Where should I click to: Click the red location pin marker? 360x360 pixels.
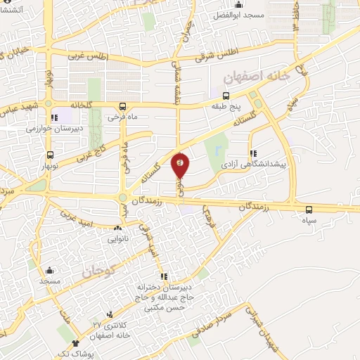tap(181, 165)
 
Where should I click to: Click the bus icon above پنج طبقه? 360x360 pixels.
tap(226, 96)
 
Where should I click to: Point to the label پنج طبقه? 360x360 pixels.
tap(226, 106)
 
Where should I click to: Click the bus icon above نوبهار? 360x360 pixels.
tap(49, 155)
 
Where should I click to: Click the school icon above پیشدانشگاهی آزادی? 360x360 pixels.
tap(252, 153)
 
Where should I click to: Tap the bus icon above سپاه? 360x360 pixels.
tap(309, 210)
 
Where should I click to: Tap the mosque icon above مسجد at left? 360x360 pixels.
tap(49, 271)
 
